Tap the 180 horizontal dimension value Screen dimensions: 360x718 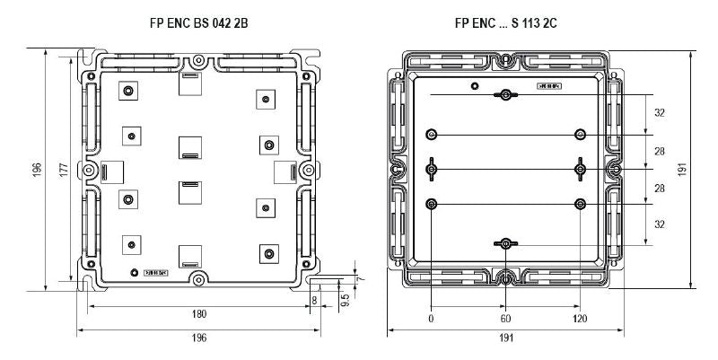(198, 314)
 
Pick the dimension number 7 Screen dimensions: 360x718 (362, 280)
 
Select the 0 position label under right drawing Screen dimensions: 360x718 (432, 319)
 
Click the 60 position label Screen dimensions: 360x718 (506, 319)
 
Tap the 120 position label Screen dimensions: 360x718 (581, 319)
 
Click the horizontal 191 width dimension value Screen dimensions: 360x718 (506, 339)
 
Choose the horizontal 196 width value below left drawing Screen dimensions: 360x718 (198, 338)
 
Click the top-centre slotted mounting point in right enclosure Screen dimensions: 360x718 (507, 95)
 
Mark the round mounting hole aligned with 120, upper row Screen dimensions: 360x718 (581, 135)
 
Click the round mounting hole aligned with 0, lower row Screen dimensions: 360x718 (432, 204)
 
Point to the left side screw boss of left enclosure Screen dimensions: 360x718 (88, 170)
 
